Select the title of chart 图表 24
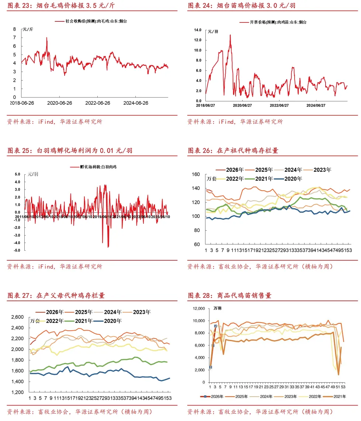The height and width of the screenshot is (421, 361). pos(242,6)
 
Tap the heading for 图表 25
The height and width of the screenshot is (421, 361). pos(70,150)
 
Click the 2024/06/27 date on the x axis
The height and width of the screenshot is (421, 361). pos(316,105)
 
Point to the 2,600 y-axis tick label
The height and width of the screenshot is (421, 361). pos(17,317)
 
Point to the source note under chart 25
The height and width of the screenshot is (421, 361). pos(55,266)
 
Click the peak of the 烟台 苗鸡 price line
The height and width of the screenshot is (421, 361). pos(230,35)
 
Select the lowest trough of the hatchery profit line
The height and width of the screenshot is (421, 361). pos(108,247)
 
